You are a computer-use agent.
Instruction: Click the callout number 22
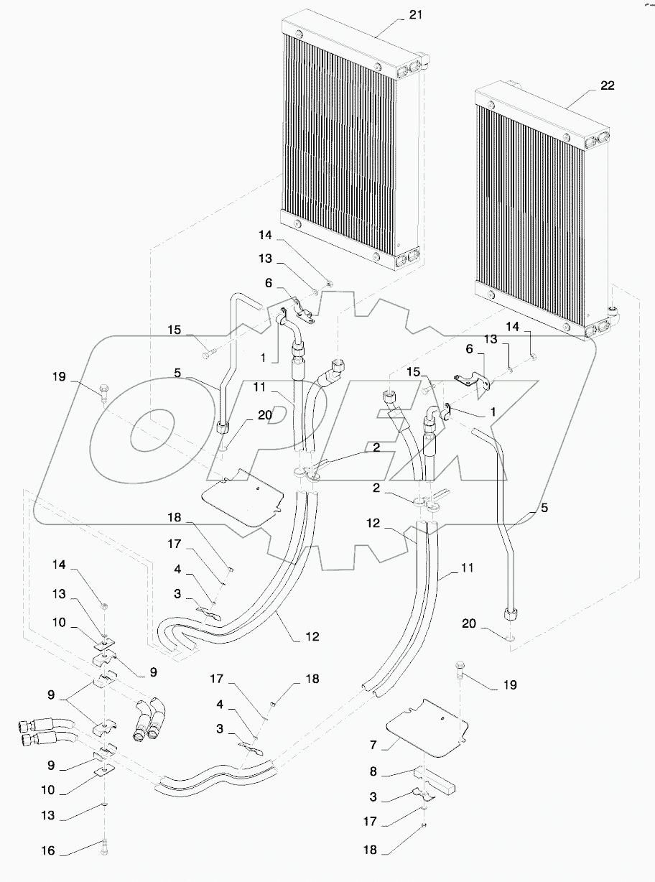tap(608, 85)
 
